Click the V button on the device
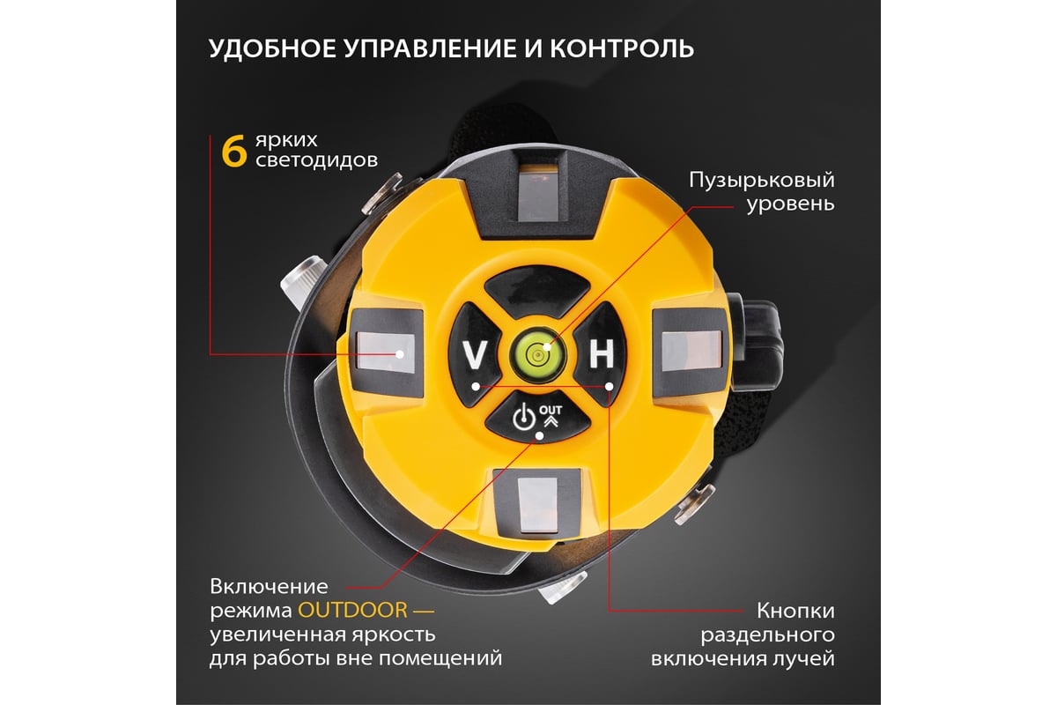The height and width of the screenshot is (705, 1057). point(473,354)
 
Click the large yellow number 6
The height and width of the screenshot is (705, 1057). point(234,151)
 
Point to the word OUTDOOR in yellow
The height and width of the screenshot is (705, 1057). point(352,610)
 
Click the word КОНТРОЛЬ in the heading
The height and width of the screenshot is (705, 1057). point(622,48)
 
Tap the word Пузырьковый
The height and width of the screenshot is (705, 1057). point(762,181)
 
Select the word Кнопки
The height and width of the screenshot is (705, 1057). point(795,611)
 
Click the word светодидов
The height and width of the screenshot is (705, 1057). point(316,160)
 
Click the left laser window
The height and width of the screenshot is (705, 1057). point(386,352)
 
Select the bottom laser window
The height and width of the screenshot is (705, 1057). point(537,505)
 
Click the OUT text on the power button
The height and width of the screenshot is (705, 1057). point(551,410)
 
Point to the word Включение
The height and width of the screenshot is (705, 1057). point(269,587)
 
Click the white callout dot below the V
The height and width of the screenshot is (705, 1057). point(476,387)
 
